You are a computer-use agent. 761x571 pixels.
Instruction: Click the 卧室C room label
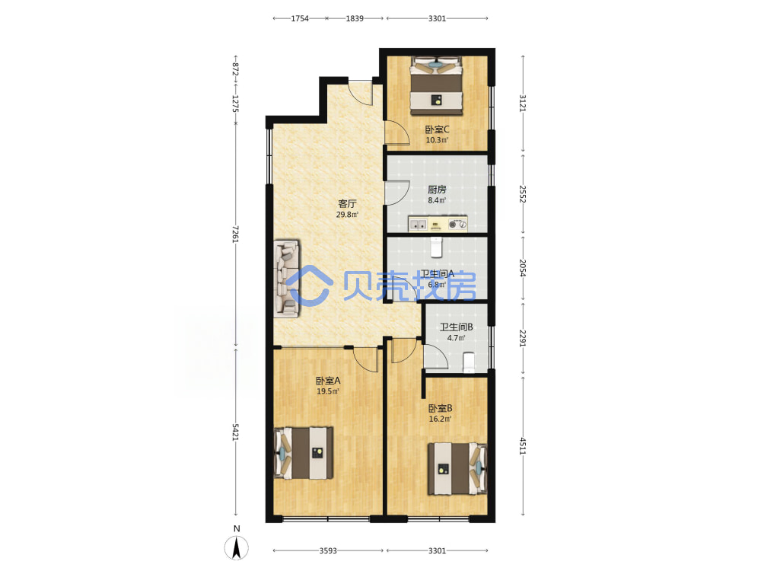coord(437,129)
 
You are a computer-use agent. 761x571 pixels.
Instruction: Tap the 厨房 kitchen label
coord(437,190)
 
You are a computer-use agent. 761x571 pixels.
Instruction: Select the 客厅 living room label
coord(347,203)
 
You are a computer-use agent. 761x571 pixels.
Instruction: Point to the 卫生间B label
coord(456,327)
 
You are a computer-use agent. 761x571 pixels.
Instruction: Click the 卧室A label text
coord(328,381)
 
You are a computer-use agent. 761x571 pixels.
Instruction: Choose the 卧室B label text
coord(440,408)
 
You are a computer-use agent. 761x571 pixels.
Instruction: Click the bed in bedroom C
coord(436,86)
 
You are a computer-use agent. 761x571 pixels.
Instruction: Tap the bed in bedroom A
coord(304,453)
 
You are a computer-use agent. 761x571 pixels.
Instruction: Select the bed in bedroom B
coord(457,468)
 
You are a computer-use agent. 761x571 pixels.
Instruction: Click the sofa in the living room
coord(286,279)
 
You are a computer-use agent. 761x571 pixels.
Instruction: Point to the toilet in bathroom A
coord(436,247)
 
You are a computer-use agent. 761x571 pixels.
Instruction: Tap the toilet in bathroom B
coord(468,362)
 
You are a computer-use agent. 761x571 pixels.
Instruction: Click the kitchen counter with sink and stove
coord(438,224)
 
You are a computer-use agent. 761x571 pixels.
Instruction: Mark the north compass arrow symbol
coord(237,548)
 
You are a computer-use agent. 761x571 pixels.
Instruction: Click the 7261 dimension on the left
coord(235,234)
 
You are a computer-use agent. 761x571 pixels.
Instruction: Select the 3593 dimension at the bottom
coord(328,550)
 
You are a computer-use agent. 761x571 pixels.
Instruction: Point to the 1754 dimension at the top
coord(300,18)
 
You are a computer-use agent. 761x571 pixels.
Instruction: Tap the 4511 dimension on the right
coord(523,445)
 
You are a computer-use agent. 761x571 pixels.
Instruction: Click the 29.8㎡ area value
coord(347,215)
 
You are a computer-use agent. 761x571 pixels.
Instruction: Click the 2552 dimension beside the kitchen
coord(523,193)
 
